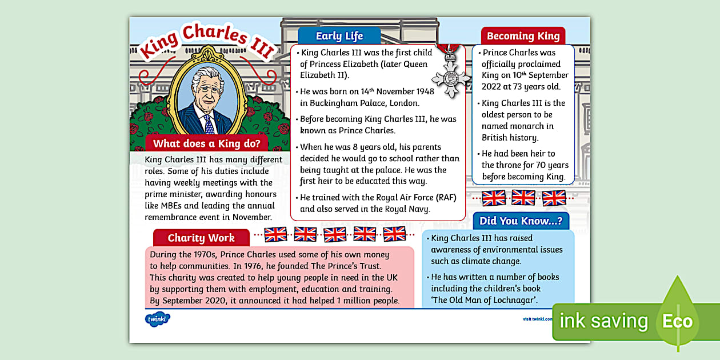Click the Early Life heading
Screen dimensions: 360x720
[339, 36]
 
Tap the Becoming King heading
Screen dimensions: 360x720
[523, 36]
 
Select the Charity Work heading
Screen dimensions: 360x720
[201, 238]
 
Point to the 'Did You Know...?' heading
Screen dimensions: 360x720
[521, 221]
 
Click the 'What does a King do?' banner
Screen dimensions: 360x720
[207, 143]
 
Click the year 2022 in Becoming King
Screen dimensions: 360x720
[493, 87]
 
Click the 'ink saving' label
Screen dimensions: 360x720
[603, 321]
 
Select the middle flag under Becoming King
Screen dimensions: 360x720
[523, 198]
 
